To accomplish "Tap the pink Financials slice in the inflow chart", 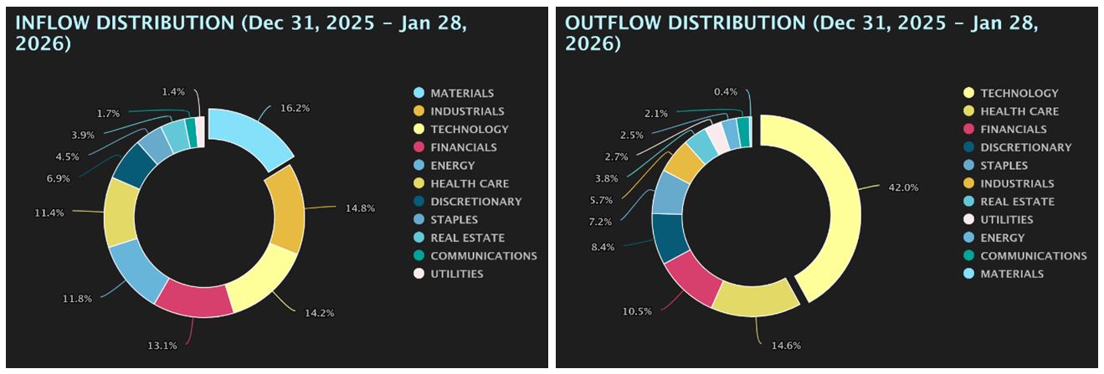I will pyautogui.click(x=195, y=298).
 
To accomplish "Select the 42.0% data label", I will pyautogui.click(x=903, y=187).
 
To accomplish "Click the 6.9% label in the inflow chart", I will pyautogui.click(x=82, y=178).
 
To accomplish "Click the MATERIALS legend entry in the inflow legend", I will pyautogui.click(x=462, y=93).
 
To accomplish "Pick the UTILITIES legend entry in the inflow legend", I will pyautogui.click(x=456, y=274).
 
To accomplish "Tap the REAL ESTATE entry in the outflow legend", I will pyautogui.click(x=1017, y=202).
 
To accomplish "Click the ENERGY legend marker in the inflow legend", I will pyautogui.click(x=418, y=166).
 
